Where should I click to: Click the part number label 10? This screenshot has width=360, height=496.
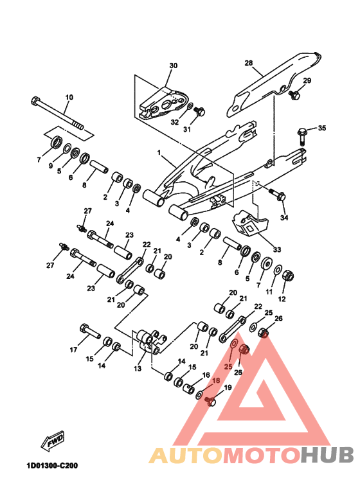(x=69, y=97)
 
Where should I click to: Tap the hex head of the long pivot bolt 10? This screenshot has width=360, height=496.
(x=35, y=101)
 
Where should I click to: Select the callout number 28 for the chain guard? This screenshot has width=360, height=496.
(x=249, y=63)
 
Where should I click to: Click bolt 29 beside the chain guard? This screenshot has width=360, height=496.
(x=294, y=94)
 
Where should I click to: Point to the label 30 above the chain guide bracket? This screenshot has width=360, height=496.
(x=174, y=66)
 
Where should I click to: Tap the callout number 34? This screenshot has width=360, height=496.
(x=284, y=218)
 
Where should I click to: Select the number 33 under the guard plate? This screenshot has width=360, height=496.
(x=276, y=250)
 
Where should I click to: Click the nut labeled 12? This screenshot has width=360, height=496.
(x=288, y=276)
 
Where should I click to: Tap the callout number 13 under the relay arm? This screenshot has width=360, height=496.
(x=138, y=369)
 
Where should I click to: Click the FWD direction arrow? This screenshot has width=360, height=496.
(x=53, y=440)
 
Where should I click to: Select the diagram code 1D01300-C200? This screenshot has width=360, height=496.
(x=52, y=466)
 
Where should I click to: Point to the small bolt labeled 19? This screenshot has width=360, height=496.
(x=210, y=400)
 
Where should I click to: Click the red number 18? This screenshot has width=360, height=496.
(x=216, y=380)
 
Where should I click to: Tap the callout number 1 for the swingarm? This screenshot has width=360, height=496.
(x=159, y=153)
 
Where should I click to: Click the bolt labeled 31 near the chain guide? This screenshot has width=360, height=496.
(x=199, y=111)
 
